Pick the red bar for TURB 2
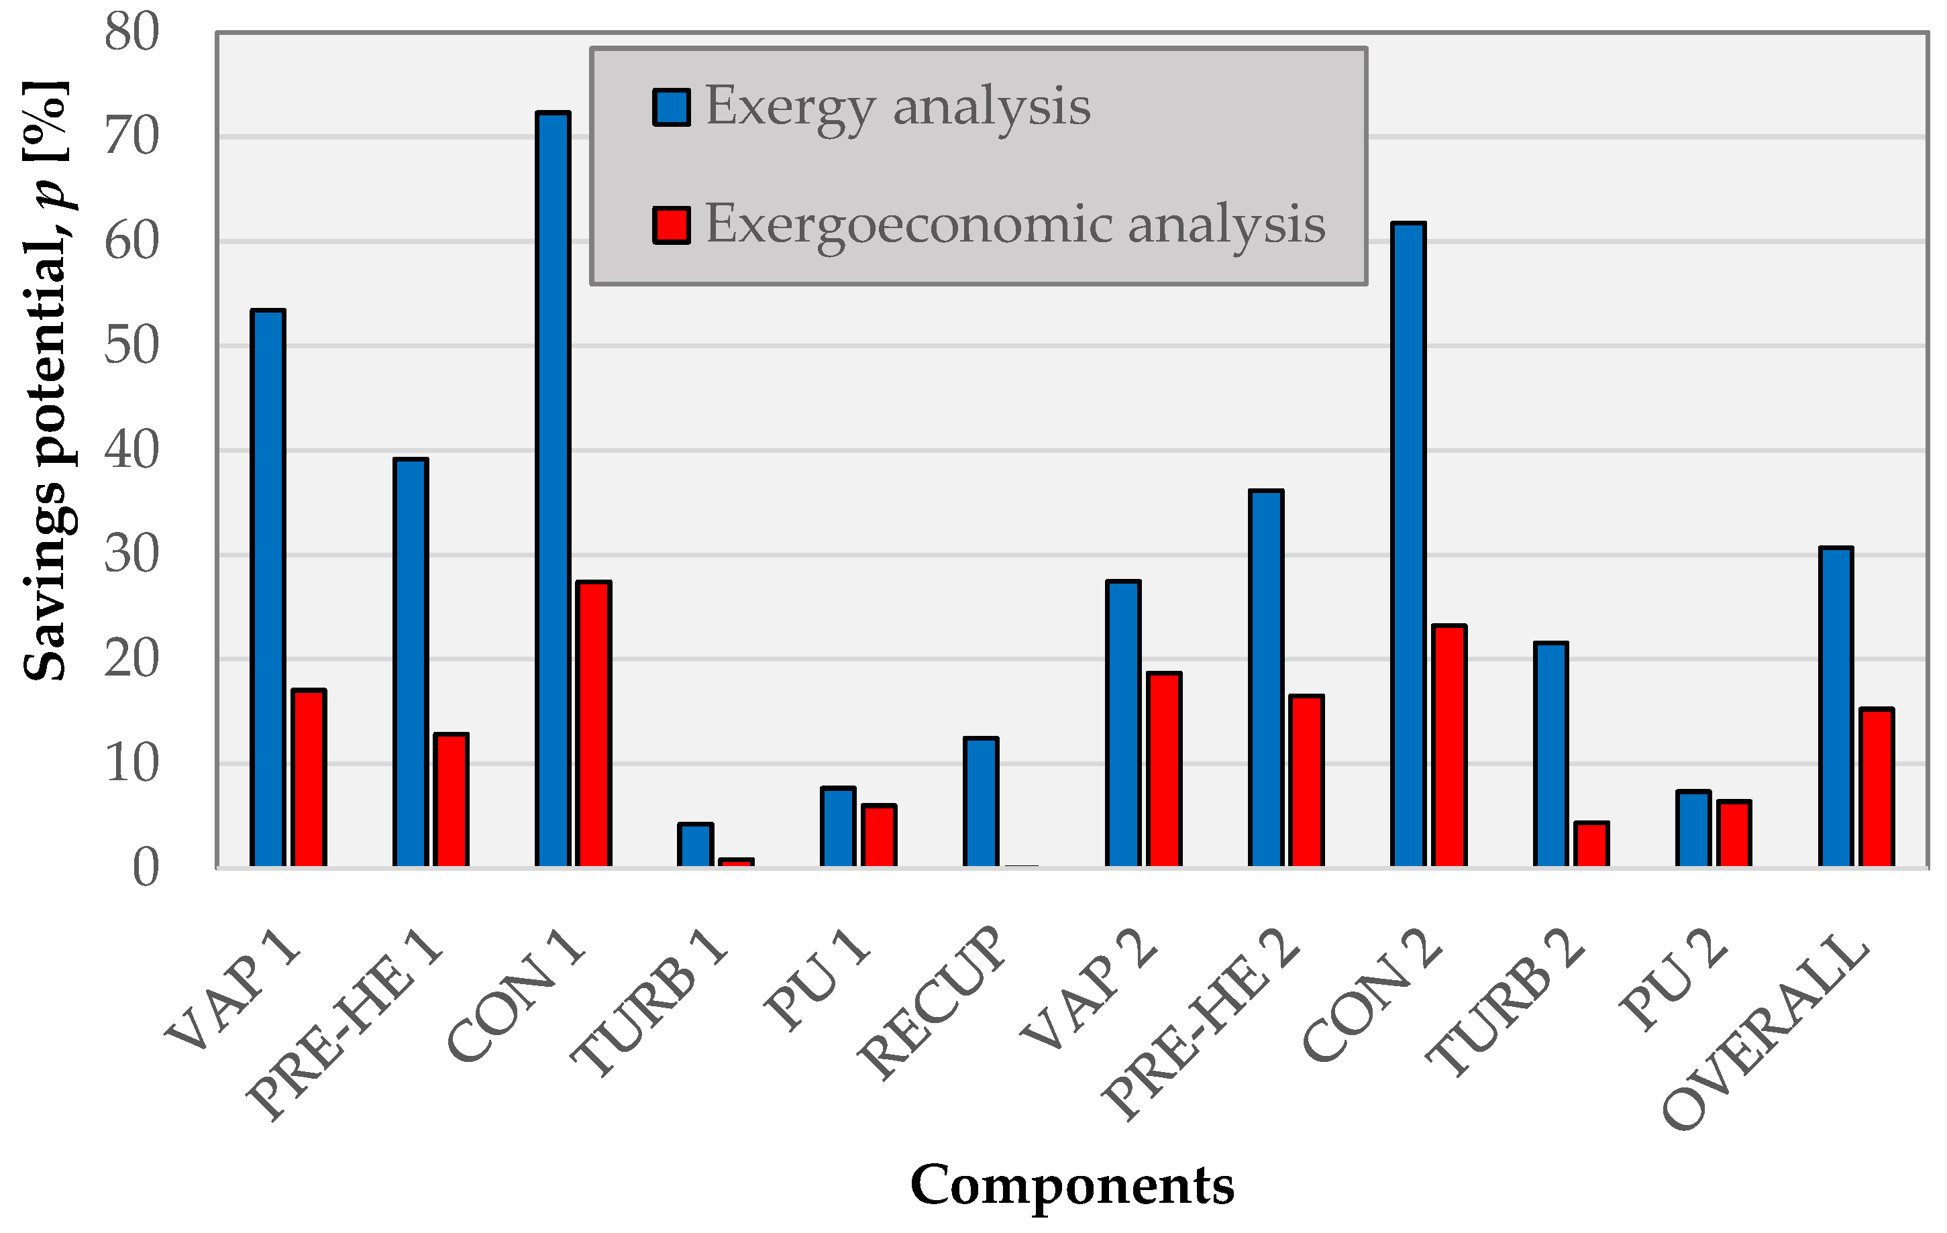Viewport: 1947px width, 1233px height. pyautogui.click(x=1591, y=844)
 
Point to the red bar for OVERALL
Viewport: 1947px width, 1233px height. pyautogui.click(x=1877, y=788)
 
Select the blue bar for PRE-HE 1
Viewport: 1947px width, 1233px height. pyautogui.click(x=411, y=663)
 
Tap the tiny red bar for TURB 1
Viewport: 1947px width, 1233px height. pyautogui.click(x=736, y=863)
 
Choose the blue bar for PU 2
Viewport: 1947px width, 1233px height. pyautogui.click(x=1693, y=828)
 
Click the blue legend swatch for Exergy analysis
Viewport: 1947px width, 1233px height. pyautogui.click(x=671, y=107)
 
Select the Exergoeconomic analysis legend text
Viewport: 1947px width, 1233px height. pyautogui.click(x=1014, y=224)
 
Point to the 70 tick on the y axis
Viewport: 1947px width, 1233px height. pyautogui.click(x=131, y=137)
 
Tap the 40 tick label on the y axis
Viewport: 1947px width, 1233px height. pyautogui.click(x=131, y=450)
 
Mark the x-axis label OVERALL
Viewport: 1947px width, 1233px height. pyautogui.click(x=1767, y=1035)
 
